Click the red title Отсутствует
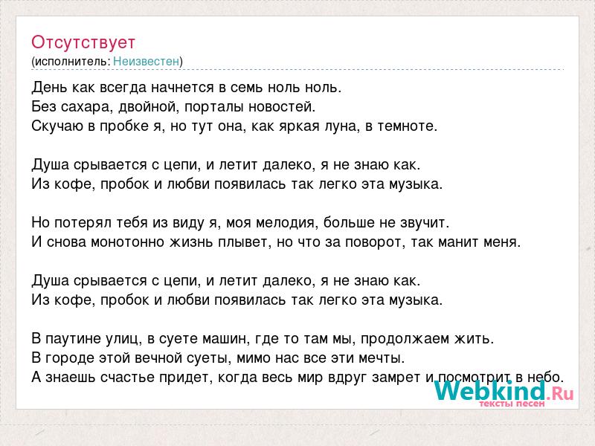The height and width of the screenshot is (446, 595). tap(83, 42)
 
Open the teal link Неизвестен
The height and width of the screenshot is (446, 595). tap(146, 61)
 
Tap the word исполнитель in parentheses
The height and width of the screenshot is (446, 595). tap(72, 62)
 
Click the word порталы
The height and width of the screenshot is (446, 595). tap(214, 107)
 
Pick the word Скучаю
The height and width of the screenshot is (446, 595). tap(57, 126)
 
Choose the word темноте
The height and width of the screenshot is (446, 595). tap(407, 126)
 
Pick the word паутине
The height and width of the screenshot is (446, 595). tap(71, 339)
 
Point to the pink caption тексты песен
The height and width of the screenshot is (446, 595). tap(512, 404)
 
